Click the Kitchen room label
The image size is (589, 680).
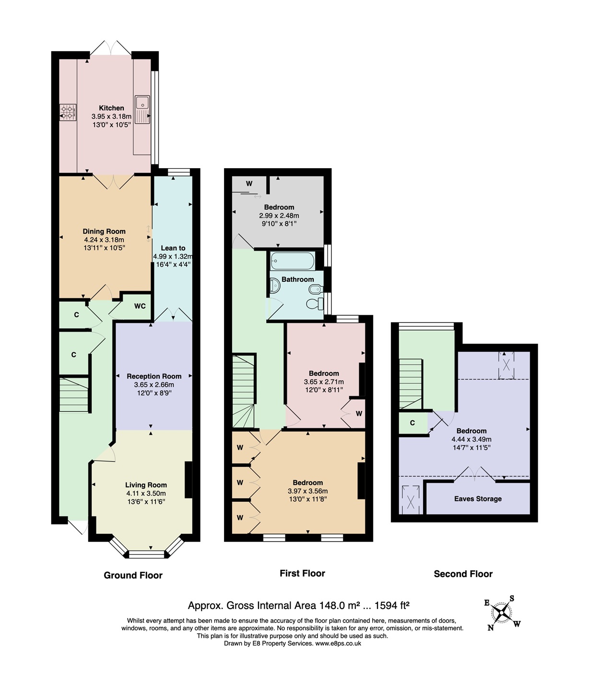point(112,108)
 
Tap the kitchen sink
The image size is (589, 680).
point(142,110)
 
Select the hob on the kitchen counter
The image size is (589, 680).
point(68,112)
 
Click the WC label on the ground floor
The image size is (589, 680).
point(140,306)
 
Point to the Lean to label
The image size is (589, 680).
point(173,248)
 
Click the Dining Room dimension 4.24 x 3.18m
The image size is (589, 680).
point(104,240)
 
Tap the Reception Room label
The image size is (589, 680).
point(154,376)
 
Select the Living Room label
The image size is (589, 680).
point(146,485)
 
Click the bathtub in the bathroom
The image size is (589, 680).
point(293,261)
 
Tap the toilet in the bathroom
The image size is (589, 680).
point(315,304)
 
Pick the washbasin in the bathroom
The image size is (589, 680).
point(275,286)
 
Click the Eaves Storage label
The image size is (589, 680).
point(478,499)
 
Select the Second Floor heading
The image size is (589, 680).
point(463,574)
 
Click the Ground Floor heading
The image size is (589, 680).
point(133,576)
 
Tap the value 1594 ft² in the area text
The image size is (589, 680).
point(392,605)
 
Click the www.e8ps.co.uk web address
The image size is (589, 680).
point(338,643)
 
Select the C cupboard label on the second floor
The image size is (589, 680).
point(412,423)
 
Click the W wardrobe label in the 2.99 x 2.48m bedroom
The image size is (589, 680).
point(249,183)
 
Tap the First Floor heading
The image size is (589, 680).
point(302,574)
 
